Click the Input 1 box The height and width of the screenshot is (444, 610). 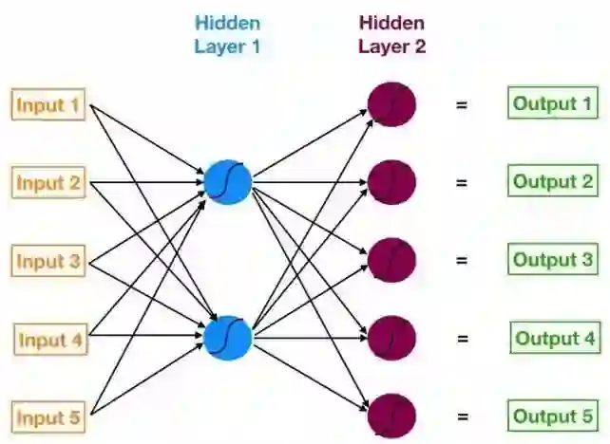(x=48, y=104)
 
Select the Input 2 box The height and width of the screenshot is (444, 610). (x=48, y=182)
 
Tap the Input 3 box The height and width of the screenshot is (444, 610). (x=48, y=260)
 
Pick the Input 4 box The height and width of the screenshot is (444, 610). (x=52, y=339)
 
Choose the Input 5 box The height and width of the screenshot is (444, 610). (x=48, y=416)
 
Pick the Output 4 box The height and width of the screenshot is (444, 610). (x=555, y=338)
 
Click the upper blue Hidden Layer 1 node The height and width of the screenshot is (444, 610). (x=228, y=181)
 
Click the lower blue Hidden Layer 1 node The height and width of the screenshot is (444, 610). (x=228, y=338)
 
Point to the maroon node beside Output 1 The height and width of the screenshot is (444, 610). (x=391, y=103)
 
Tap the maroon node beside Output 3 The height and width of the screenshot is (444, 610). (x=391, y=259)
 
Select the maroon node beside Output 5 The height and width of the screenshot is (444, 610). (x=391, y=416)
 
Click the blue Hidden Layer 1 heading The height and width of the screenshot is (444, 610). (x=228, y=34)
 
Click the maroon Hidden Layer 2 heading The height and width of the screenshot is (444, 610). (x=391, y=34)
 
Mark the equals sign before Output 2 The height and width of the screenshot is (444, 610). (x=462, y=182)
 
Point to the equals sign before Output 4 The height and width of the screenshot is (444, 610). (x=462, y=339)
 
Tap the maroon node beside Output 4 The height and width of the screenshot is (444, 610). (x=391, y=338)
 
